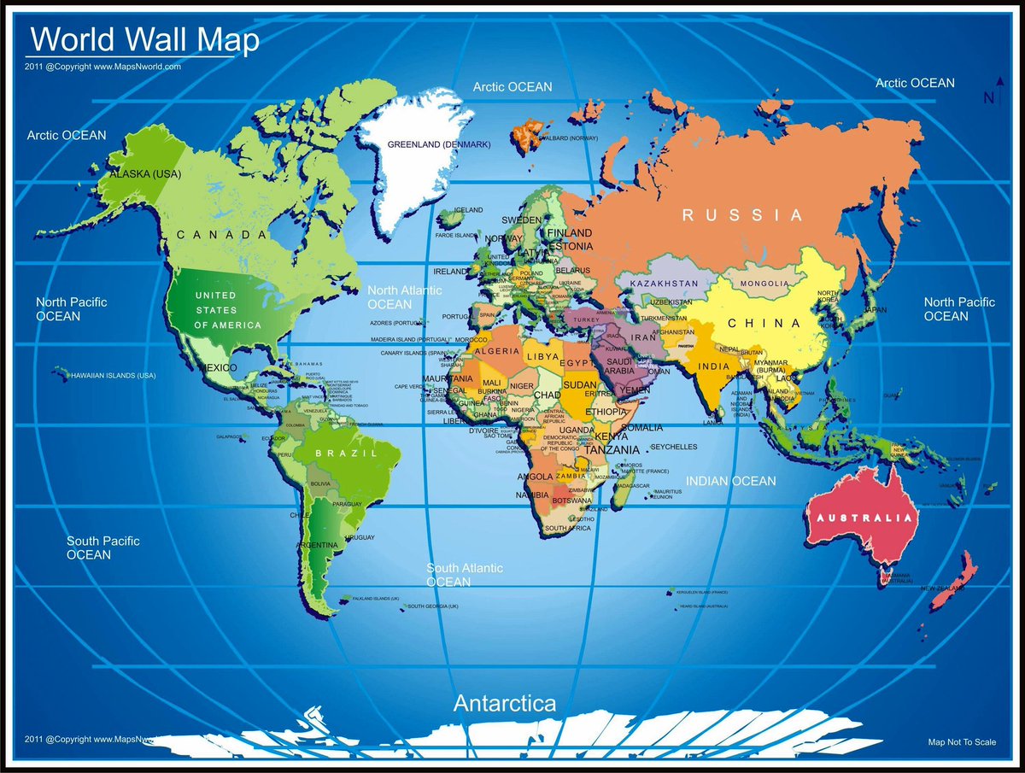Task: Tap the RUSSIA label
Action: [742, 215]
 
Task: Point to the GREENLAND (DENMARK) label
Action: [439, 144]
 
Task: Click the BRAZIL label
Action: [346, 454]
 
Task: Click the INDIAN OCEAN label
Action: [731, 481]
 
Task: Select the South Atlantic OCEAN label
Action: [465, 575]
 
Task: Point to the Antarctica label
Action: [504, 704]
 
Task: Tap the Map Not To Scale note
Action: [962, 742]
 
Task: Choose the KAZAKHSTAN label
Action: [665, 283]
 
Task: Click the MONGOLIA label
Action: [764, 283]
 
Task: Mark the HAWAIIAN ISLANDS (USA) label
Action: [114, 375]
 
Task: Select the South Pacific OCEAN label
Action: [102, 548]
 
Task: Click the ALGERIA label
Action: [496, 351]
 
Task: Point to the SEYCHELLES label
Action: [674, 447]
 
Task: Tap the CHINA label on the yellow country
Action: [764, 324]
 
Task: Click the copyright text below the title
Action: [102, 66]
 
